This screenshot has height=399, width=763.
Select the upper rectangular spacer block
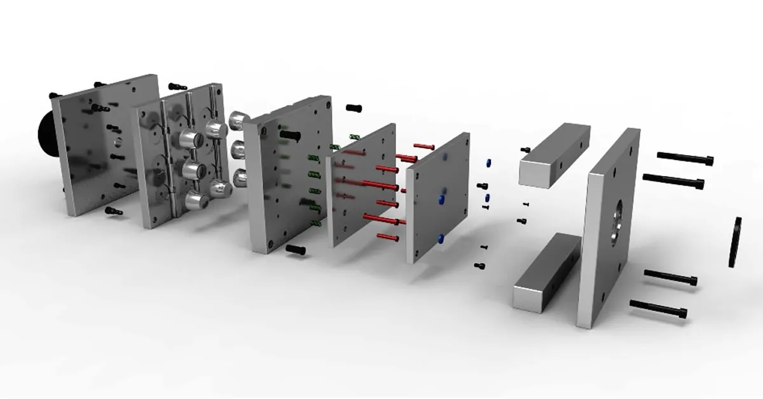[554, 154]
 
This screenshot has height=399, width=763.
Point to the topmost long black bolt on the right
[685, 157]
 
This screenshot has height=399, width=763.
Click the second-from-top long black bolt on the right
[670, 180]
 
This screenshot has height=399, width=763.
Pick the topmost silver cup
[238, 118]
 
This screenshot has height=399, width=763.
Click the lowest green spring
[314, 222]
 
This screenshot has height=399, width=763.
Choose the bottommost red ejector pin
[388, 238]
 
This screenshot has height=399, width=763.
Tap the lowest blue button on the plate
[440, 239]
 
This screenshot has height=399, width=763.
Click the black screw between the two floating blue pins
[481, 186]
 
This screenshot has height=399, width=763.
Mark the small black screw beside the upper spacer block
[525, 149]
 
